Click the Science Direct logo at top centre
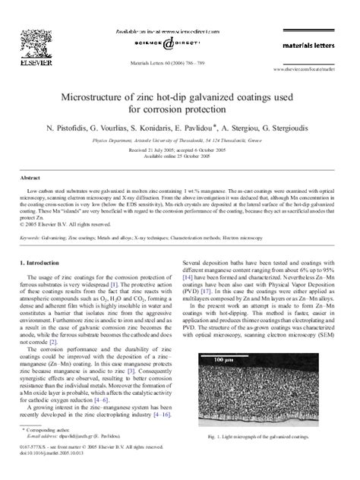[x=179, y=44]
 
